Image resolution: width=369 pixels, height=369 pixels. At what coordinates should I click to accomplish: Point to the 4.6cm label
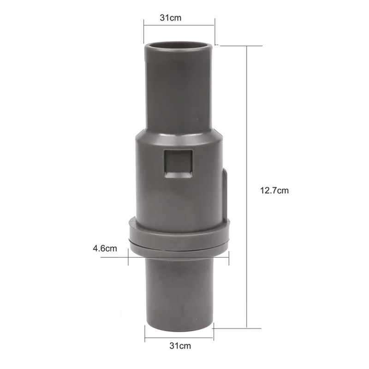tap(105, 249)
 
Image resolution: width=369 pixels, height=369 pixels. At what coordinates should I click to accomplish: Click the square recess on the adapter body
tap(178, 164)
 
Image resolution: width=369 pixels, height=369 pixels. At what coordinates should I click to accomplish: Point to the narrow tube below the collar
tap(180, 291)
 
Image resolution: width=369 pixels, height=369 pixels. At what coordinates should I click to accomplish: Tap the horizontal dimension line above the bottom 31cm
tap(180, 336)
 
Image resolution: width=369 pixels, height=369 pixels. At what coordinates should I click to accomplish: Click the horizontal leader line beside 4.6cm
tap(115, 257)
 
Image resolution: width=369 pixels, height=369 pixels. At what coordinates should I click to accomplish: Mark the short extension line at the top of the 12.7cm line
tap(233, 45)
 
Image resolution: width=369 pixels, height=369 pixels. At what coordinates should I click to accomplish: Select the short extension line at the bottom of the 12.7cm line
tap(233, 328)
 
